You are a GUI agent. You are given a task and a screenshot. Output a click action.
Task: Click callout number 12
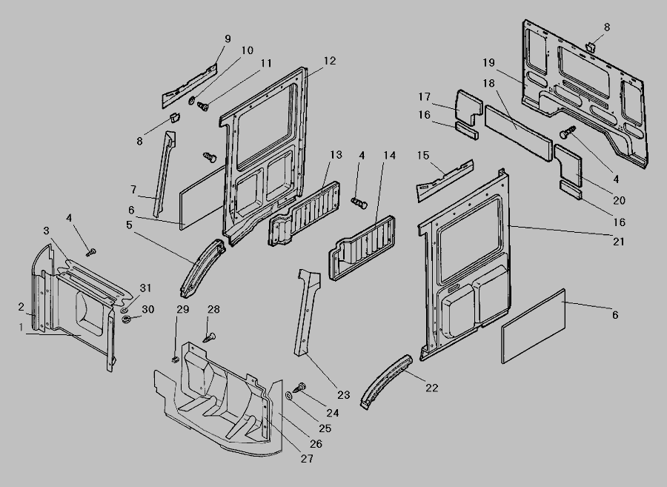(330, 61)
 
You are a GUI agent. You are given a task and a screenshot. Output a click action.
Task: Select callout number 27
(307, 459)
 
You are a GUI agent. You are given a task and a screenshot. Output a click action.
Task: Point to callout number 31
(145, 288)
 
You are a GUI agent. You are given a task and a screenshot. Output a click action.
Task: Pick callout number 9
(227, 39)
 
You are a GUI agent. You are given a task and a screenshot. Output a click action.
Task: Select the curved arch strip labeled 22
(385, 377)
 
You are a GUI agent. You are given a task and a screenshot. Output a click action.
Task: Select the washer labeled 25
(288, 397)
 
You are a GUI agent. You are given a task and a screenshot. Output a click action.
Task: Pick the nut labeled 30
(126, 319)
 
